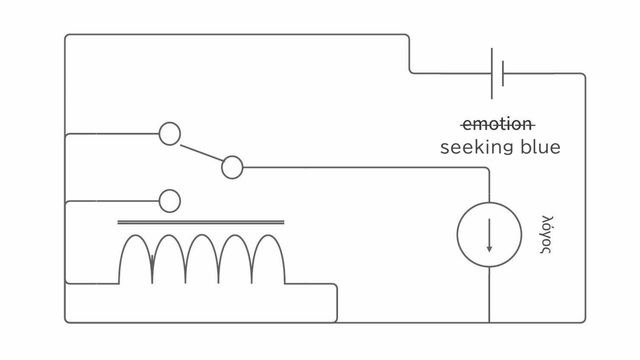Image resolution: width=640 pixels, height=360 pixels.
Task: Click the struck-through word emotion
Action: pos(498,124)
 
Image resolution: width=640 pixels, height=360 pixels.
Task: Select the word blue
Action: pos(541,147)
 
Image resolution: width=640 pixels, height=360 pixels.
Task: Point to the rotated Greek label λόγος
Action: pos(546,234)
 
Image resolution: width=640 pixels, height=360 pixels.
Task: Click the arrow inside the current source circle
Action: pos(489,235)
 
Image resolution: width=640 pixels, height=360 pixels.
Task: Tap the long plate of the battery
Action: pos(492,73)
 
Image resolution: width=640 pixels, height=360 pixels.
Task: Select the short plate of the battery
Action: pos(503,73)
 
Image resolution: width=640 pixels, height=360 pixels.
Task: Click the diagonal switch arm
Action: pos(202,153)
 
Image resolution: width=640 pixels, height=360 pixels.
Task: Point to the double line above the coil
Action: pos(201,222)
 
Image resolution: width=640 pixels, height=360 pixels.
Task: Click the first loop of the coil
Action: pos(136,235)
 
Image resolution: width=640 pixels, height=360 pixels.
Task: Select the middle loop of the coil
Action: pos(202,235)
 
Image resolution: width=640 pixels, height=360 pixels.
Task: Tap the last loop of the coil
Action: pos(268,235)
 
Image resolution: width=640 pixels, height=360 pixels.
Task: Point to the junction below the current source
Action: pos(489,322)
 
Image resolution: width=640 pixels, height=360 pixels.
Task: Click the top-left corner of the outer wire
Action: pos(66,36)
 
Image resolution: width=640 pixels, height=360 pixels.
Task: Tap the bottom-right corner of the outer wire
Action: pos(584,322)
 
